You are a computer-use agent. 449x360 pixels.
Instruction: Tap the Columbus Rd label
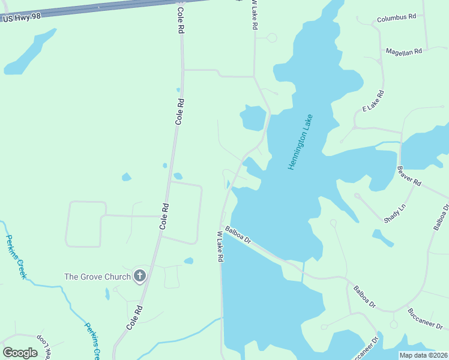pyautogui.click(x=396, y=18)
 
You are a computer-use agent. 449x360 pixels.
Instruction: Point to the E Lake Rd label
pyautogui.click(x=373, y=101)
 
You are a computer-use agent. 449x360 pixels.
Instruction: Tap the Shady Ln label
pyautogui.click(x=395, y=214)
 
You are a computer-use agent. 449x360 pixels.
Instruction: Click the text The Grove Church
pyautogui.click(x=97, y=277)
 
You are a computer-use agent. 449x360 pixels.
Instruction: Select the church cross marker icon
pyautogui.click(x=139, y=276)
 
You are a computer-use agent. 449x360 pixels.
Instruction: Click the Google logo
pyautogui.click(x=20, y=353)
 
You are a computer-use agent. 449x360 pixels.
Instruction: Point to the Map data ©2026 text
pyautogui.click(x=423, y=355)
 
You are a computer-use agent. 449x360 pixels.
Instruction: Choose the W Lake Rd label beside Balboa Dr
pyautogui.click(x=220, y=246)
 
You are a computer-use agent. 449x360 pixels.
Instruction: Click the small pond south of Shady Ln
pyautogui.click(x=382, y=238)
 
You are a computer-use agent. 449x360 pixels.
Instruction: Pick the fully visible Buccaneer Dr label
pyautogui.click(x=424, y=319)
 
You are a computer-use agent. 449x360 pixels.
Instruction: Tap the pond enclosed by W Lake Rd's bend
pyautogui.click(x=253, y=118)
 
